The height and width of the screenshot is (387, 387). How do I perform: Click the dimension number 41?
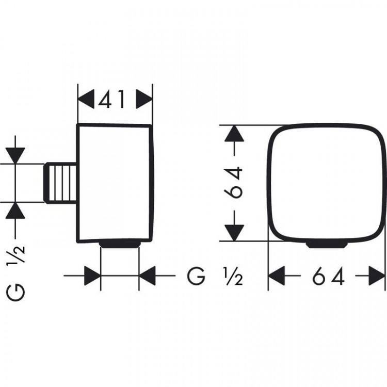click(x=111, y=99)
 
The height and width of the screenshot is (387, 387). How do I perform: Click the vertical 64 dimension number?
click(x=233, y=183)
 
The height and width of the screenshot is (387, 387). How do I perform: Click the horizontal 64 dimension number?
click(x=329, y=276)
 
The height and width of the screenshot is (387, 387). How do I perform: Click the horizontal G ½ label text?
click(x=215, y=276)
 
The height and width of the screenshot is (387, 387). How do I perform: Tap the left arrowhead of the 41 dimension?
click(x=86, y=99)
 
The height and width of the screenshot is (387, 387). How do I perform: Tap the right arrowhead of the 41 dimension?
click(x=144, y=99)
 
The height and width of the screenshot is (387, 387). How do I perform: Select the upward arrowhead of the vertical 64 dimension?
click(x=234, y=134)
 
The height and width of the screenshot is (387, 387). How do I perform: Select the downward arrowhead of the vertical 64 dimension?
click(x=234, y=233)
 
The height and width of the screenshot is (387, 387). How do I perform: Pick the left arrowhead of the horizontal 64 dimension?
click(x=277, y=276)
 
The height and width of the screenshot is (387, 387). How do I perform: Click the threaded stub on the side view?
click(x=60, y=183)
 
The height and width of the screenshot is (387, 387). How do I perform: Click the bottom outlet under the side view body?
click(x=120, y=245)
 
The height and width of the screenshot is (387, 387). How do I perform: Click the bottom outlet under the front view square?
click(x=327, y=245)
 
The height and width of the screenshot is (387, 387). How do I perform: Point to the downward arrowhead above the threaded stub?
click(x=15, y=155)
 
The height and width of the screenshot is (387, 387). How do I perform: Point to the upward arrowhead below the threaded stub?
click(x=15, y=211)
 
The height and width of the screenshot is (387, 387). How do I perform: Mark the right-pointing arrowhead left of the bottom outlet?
click(x=92, y=276)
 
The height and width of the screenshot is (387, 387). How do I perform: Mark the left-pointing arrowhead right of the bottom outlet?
click(x=147, y=276)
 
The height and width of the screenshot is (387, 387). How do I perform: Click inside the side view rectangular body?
click(x=115, y=183)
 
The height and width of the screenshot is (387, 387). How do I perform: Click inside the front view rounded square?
click(x=327, y=183)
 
